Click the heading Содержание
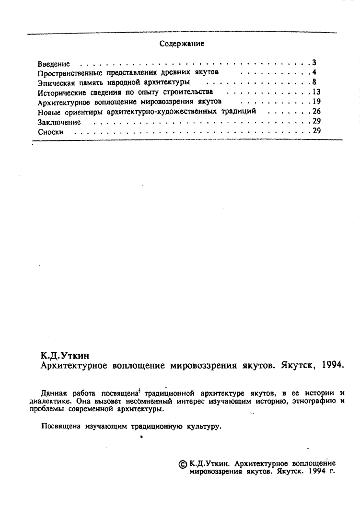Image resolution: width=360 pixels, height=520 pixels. [182, 44]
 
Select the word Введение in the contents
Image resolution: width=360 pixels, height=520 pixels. [54, 64]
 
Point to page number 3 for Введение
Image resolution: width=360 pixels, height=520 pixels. [314, 63]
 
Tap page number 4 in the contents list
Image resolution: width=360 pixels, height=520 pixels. [314, 72]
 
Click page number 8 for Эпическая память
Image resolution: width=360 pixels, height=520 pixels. [314, 82]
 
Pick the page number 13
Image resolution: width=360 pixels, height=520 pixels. [316, 92]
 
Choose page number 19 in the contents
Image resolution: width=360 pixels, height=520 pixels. [316, 102]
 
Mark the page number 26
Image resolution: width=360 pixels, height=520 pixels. [316, 111]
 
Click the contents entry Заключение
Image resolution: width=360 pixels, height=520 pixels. [58, 122]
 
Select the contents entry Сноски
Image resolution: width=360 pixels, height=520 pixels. [50, 132]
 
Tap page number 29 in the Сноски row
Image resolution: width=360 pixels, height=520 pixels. [316, 131]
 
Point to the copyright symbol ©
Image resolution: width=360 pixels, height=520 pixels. [183, 464]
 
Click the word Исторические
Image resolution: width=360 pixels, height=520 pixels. [60, 92]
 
